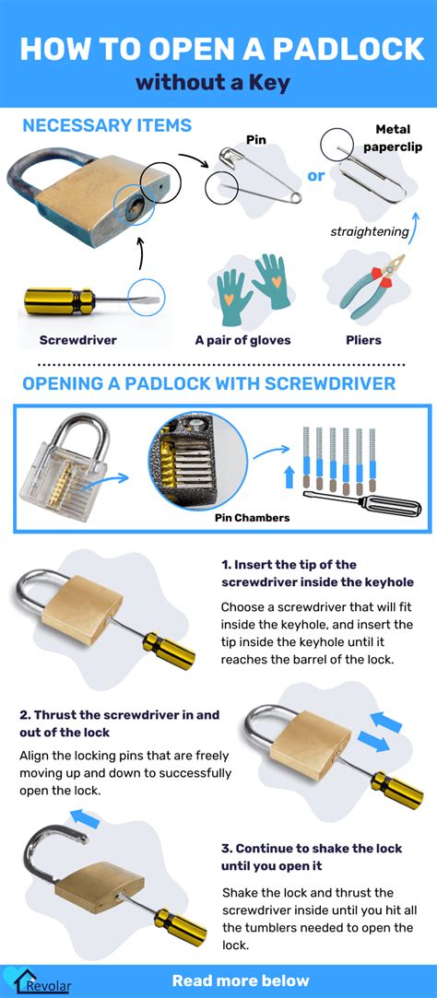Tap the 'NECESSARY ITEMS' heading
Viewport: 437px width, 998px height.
tap(107, 126)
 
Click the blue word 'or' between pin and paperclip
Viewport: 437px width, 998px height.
tap(315, 175)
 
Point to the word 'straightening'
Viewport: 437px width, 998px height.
tap(369, 231)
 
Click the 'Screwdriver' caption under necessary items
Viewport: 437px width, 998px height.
tap(78, 339)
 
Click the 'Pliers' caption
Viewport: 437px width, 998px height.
tap(363, 339)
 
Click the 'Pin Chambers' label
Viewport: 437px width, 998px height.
tap(252, 518)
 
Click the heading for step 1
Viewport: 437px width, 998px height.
tap(317, 573)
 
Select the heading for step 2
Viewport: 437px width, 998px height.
tap(119, 723)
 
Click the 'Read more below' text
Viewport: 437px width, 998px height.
tap(241, 980)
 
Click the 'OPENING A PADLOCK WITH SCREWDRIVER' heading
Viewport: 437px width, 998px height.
tap(208, 383)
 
